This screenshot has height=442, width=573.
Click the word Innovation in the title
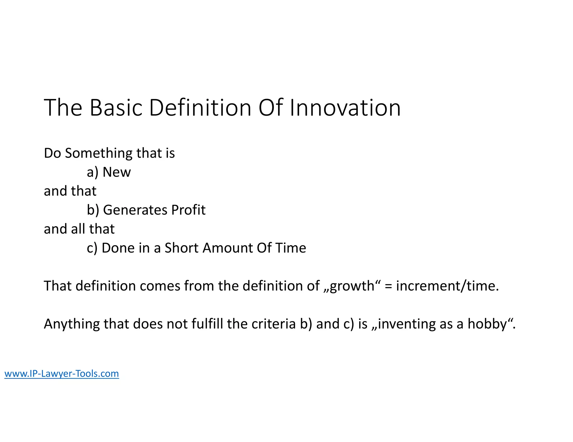[x=345, y=108]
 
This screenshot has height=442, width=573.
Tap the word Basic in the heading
[x=116, y=108]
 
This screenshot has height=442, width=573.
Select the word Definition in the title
[x=200, y=108]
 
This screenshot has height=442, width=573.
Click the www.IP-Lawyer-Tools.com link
[x=62, y=374]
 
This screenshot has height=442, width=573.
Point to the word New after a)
[x=117, y=172]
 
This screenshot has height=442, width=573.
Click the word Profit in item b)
[x=188, y=210]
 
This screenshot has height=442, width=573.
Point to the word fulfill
[x=207, y=324]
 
